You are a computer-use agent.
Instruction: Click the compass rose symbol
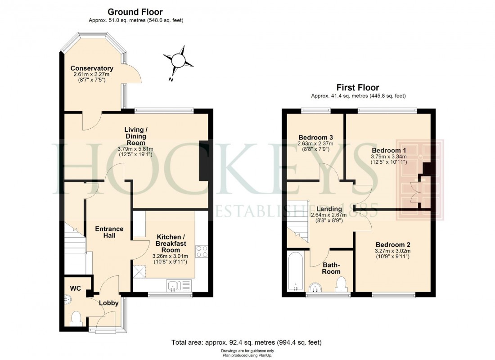(178, 60)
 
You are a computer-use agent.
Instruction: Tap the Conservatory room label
(92, 68)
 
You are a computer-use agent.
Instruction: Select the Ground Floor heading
(135, 12)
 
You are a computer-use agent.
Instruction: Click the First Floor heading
(358, 87)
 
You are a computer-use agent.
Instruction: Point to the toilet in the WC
(76, 319)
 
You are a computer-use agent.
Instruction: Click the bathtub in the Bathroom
(296, 271)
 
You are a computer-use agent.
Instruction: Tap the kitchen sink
(179, 285)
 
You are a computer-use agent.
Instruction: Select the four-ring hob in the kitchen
(201, 251)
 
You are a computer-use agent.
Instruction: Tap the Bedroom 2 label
(390, 244)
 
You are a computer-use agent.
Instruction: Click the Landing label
(329, 209)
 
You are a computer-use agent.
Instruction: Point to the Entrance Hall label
(109, 232)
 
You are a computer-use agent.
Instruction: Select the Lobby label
(108, 303)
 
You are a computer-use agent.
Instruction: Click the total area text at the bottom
(247, 342)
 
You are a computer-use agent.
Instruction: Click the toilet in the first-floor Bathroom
(341, 284)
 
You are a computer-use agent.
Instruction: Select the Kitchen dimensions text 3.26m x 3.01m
(171, 256)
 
